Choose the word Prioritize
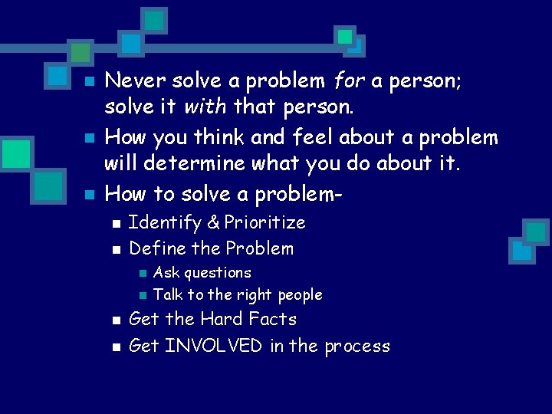(x=264, y=223)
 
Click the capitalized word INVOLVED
(x=214, y=347)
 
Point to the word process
(x=357, y=347)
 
